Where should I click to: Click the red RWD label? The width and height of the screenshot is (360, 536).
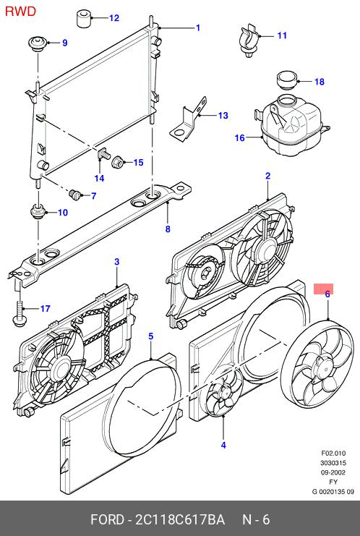pyautogui.click(x=20, y=12)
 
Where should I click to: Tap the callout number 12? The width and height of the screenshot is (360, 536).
pyautogui.click(x=114, y=18)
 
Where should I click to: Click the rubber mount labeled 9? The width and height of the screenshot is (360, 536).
pyautogui.click(x=38, y=43)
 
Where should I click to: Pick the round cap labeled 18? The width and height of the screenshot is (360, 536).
pyautogui.click(x=288, y=80)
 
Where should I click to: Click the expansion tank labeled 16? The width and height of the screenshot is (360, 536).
pyautogui.click(x=293, y=125)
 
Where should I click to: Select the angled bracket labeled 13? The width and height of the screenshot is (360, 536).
pyautogui.click(x=189, y=119)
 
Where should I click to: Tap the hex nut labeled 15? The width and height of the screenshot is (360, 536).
pyautogui.click(x=118, y=161)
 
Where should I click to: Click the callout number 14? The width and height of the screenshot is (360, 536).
pyautogui.click(x=99, y=178)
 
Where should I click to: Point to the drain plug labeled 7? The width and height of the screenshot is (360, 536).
pyautogui.click(x=75, y=195)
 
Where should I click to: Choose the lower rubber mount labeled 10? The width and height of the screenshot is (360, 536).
pyautogui.click(x=38, y=212)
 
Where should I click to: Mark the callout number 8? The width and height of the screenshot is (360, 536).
pyautogui.click(x=168, y=229)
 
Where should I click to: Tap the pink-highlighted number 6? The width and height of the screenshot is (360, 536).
pyautogui.click(x=327, y=294)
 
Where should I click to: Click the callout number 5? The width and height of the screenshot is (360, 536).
pyautogui.click(x=151, y=336)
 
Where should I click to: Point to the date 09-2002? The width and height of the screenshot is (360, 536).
pyautogui.click(x=333, y=472)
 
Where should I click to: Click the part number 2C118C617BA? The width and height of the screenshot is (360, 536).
pyautogui.click(x=180, y=519)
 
